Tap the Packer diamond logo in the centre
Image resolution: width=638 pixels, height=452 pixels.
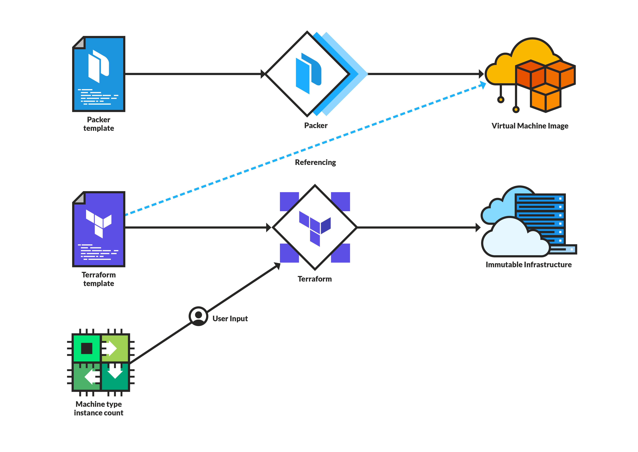pos(308,74)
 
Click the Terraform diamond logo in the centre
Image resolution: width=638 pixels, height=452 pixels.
pos(315,227)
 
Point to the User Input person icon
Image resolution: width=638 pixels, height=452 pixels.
pos(198,316)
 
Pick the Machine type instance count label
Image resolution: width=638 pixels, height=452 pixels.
pos(99,408)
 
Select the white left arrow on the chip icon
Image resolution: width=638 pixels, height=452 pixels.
pos(92,377)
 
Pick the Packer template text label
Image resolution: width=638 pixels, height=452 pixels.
pos(99,124)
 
